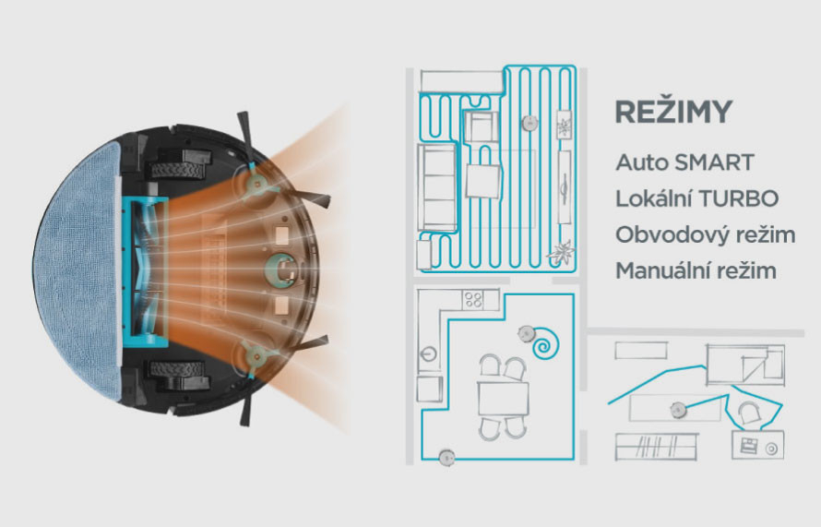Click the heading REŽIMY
pos(673,111)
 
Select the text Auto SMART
pos(684,162)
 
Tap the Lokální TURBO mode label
pos(696,198)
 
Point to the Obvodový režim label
pos(706,234)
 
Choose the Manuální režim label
pos(696,270)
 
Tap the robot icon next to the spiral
pos(526,332)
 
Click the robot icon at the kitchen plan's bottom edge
pos(446,458)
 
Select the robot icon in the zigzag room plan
pos(529,123)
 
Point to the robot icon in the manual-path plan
pos(679,410)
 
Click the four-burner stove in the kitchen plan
pos(474,300)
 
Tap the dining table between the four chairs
pos(503,399)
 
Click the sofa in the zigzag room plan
pos(436,187)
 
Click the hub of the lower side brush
pos(256,357)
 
